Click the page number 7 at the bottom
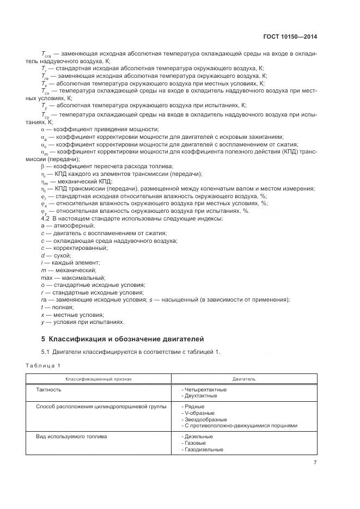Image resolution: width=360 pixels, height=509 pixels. [315, 463]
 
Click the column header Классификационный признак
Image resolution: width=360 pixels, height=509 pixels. [99, 378]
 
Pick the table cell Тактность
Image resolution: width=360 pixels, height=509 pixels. [48, 390]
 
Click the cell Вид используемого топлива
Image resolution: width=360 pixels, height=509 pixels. [71, 437]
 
